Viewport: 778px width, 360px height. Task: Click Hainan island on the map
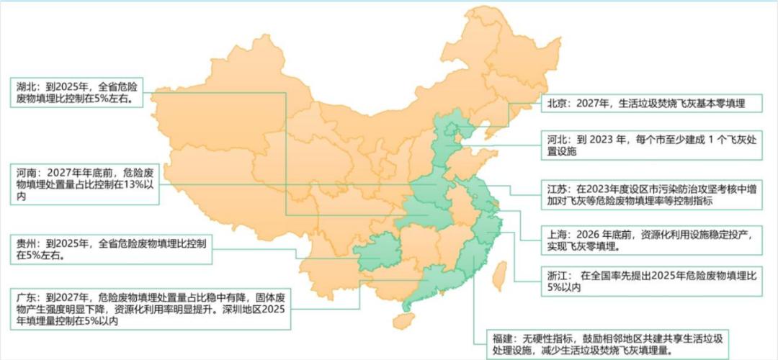pos(403,321)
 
